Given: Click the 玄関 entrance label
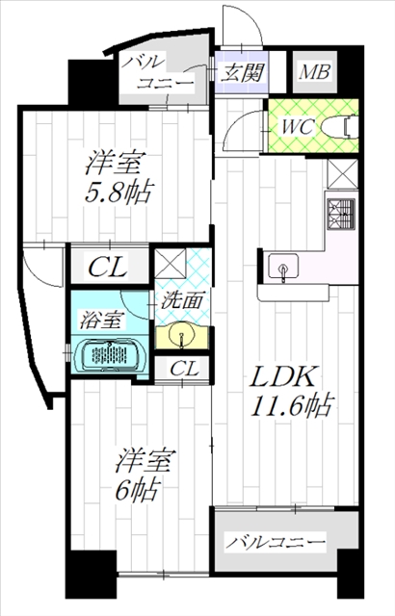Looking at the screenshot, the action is coord(242,72).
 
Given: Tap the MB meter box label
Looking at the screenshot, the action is coord(314,72).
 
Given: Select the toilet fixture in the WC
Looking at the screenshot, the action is coord(339,126).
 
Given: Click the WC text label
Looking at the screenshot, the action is coord(297,126).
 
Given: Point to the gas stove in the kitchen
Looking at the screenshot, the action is coord(341,214).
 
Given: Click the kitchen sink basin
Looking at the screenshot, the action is coord(283,267).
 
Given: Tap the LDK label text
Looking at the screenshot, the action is coord(284,376).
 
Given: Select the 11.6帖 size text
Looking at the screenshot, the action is coord(293,405).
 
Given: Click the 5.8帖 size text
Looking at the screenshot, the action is coord(118,192).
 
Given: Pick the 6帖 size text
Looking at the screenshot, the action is coord(137,489).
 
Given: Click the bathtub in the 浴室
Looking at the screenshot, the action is coord(110,355).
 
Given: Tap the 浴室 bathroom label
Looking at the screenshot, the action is coord(102,320).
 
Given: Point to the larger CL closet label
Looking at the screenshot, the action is coord(108,268).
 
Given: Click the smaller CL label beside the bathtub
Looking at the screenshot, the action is coord(184,369).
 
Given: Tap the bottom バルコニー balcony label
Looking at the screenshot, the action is coord(276,543).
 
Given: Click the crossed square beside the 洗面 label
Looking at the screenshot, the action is coord(171,264).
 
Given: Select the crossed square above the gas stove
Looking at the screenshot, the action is coord(343,173).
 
